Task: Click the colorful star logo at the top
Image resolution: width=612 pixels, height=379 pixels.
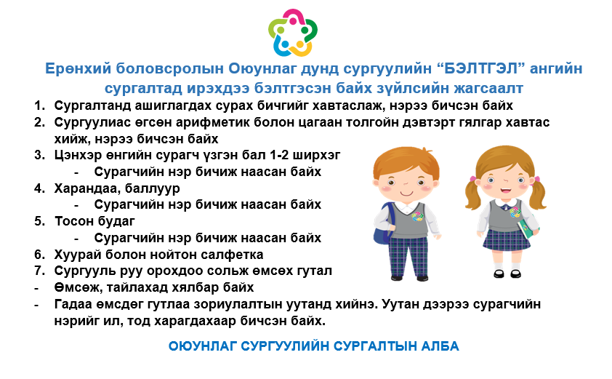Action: [293, 33]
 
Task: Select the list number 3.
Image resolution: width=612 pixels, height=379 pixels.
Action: [39, 155]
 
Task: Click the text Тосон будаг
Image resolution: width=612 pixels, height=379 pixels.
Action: [94, 221]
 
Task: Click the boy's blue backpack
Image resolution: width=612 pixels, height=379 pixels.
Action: [383, 224]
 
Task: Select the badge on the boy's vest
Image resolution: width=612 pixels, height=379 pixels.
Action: [417, 216]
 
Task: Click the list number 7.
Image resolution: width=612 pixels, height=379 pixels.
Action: [39, 271]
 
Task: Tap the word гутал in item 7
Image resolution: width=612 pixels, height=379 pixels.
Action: [313, 271]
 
